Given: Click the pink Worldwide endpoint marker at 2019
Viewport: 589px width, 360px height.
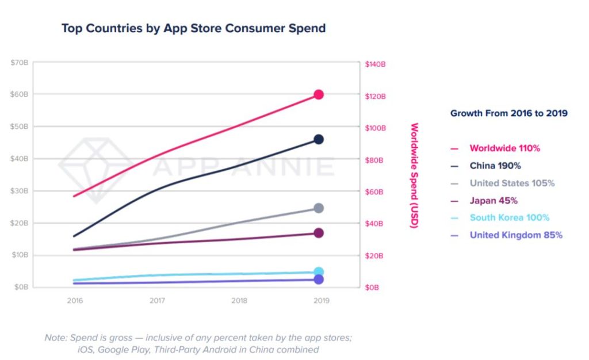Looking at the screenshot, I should pos(318,95).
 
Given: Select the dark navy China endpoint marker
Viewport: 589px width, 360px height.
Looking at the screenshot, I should pos(318,139).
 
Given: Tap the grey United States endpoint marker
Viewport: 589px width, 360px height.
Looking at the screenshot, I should pos(318,208).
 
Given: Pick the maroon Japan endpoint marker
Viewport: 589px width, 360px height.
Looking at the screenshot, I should pos(318,233).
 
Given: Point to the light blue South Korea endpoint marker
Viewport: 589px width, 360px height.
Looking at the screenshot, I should pos(318,272).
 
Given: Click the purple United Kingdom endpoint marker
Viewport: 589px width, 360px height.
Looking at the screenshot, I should pos(318,279).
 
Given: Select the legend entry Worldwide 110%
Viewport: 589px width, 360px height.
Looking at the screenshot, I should pos(504,148).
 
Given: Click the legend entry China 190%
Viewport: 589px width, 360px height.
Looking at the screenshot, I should pos(495,166).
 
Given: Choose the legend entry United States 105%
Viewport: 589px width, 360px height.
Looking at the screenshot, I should pos(512,183).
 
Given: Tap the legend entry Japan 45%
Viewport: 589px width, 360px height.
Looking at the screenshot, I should pos(494,201).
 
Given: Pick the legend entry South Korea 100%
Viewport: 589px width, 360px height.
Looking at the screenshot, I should pos(509,218).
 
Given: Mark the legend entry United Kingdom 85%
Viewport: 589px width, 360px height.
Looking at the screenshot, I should pos(515,235).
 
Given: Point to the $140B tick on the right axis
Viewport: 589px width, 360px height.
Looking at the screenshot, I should pos(375,64).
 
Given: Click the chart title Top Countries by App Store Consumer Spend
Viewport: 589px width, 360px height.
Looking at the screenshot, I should pos(193,28).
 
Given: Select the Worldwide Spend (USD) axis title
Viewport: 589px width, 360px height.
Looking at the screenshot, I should pos(414,175).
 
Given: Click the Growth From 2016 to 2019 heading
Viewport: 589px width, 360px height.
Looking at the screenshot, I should pos(508,113).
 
